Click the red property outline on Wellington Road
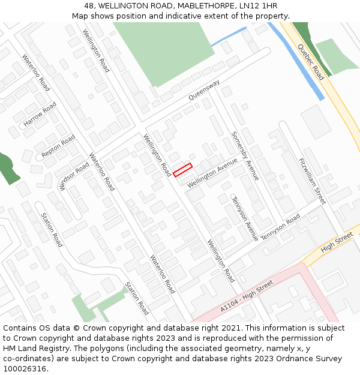point(182,170)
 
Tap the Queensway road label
point(204,89)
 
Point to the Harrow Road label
point(40,114)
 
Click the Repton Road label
point(58,147)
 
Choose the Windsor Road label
point(74,175)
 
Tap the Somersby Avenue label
point(245,156)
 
